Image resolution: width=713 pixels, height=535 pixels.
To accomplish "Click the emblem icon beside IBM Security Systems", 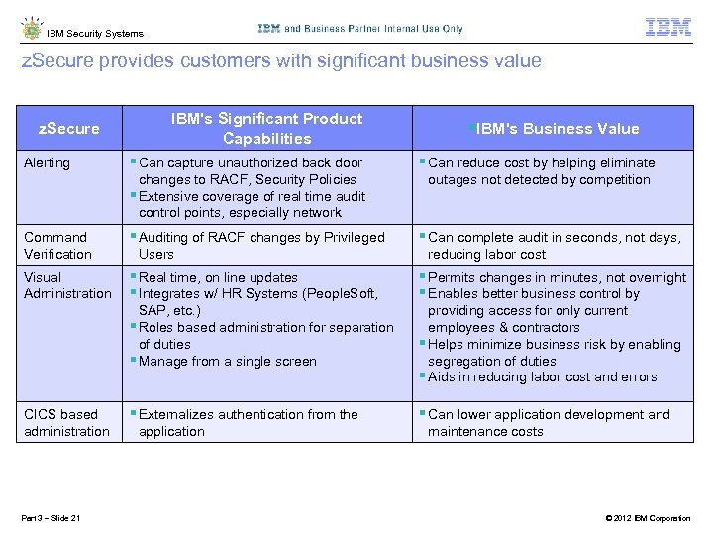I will click(31, 29).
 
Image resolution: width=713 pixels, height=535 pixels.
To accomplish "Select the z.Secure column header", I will click(68, 128).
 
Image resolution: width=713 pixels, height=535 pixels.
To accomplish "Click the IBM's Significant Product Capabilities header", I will click(266, 129).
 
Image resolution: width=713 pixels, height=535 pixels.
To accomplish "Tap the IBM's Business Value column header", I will click(555, 129).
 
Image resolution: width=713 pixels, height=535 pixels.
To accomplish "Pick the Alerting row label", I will click(47, 162).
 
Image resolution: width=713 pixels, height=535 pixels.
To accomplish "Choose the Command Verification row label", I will click(57, 245).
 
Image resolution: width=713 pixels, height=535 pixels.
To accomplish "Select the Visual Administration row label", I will click(67, 285).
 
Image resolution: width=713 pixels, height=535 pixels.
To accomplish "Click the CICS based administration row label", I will click(66, 422).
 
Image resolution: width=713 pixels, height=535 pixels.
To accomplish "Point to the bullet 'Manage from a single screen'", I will click(227, 361).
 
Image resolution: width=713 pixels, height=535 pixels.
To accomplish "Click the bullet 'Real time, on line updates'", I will click(218, 277).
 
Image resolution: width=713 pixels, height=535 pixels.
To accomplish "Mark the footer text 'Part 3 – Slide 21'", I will click(51, 518).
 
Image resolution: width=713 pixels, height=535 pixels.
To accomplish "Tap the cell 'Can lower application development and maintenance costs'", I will click(548, 422).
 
